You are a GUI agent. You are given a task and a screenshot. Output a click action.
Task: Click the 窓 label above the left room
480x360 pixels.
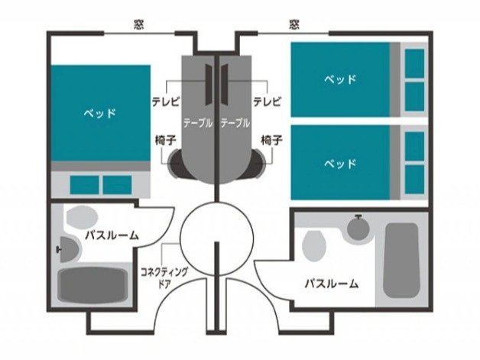(x=139, y=24)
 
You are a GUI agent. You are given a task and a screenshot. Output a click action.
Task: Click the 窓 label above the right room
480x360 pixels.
(x=294, y=24)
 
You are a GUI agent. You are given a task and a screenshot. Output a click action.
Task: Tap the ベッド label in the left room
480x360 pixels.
(x=100, y=114)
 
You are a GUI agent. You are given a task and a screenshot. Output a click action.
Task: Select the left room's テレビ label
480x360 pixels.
(x=166, y=102)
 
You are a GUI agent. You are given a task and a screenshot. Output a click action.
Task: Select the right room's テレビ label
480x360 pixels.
(x=268, y=102)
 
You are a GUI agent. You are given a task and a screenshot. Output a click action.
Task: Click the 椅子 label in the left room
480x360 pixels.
(x=166, y=141)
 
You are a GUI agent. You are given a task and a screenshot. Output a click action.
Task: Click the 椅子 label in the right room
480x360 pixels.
(x=271, y=141)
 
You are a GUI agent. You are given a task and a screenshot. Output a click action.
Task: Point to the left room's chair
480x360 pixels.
(x=176, y=164)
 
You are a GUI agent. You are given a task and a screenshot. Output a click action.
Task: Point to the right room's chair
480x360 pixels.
(x=258, y=164)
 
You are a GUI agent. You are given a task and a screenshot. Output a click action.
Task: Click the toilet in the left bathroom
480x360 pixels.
(x=82, y=217)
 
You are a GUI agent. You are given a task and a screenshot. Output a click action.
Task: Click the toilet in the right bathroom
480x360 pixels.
(x=314, y=246)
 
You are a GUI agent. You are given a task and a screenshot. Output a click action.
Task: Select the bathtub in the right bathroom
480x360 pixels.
(x=401, y=261)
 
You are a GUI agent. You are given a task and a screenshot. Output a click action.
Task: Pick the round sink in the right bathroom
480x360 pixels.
(x=358, y=229)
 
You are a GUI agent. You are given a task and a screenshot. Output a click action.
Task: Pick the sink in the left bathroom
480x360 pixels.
(x=68, y=249)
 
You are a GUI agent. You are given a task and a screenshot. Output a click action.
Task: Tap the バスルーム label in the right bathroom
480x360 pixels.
(x=332, y=284)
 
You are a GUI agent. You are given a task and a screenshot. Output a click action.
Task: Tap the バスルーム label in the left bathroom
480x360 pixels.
(x=112, y=235)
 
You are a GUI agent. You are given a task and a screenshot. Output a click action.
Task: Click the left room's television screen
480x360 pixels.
(x=209, y=84)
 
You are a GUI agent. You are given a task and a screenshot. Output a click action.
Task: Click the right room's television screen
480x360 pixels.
(x=225, y=84)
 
